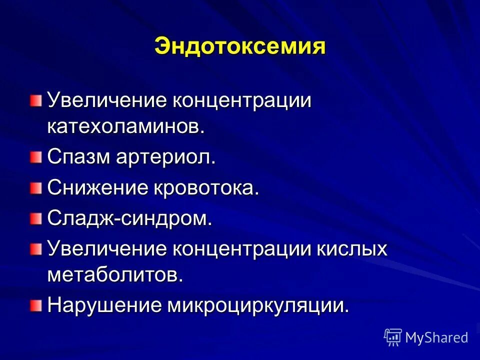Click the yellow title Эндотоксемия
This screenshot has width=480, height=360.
click(x=240, y=46)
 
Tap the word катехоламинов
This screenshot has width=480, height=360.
click(x=125, y=126)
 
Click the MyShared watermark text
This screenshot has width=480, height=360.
click(x=436, y=337)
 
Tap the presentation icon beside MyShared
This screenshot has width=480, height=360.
click(x=393, y=337)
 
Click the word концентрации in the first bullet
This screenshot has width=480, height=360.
click(x=242, y=100)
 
